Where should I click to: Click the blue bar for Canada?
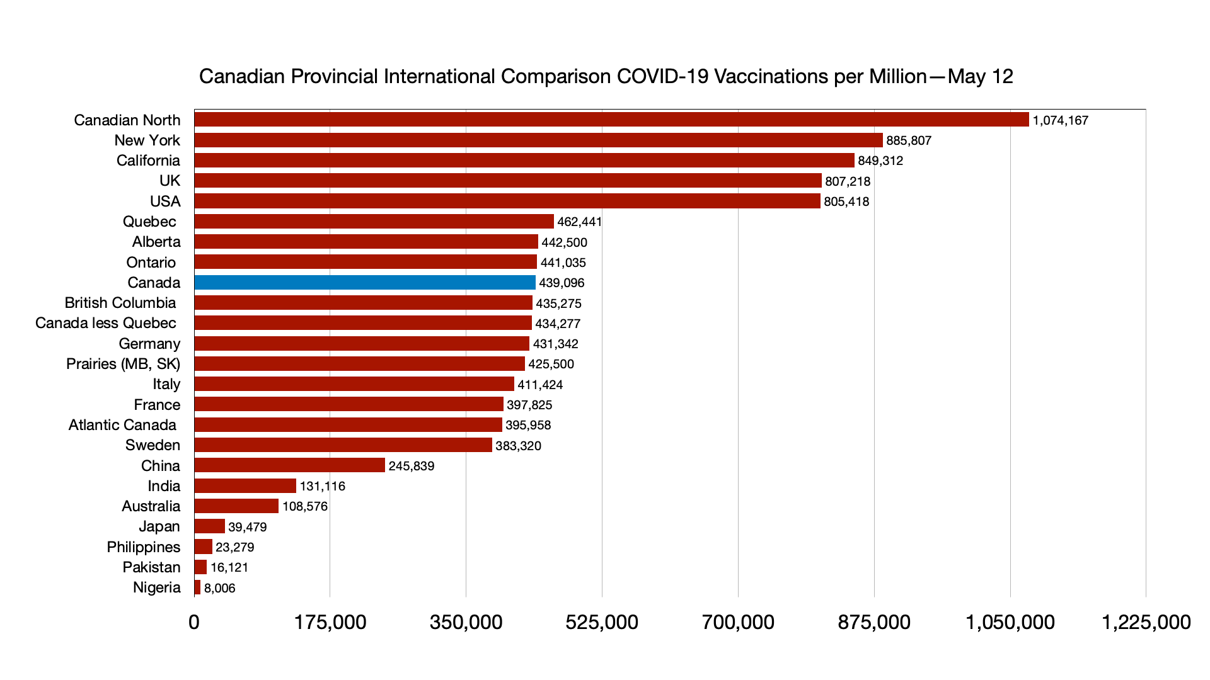tap(365, 283)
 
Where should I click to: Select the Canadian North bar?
tap(611, 120)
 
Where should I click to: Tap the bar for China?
tap(290, 465)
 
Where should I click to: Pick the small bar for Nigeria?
tap(197, 587)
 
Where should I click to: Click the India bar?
tap(245, 486)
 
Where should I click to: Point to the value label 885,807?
tap(909, 140)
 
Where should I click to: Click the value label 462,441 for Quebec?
tap(580, 222)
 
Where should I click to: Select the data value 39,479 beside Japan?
tap(248, 527)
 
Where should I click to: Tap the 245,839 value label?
tap(412, 466)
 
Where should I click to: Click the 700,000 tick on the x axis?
tap(738, 622)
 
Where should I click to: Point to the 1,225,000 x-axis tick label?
tap(1146, 622)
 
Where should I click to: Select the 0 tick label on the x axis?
tap(194, 622)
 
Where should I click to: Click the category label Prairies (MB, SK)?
tap(124, 364)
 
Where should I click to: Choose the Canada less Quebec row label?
tap(106, 323)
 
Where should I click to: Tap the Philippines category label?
tap(144, 547)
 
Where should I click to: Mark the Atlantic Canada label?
tap(122, 425)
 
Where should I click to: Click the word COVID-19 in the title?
tap(662, 76)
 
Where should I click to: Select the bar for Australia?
tap(236, 506)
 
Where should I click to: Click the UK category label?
tap(170, 181)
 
